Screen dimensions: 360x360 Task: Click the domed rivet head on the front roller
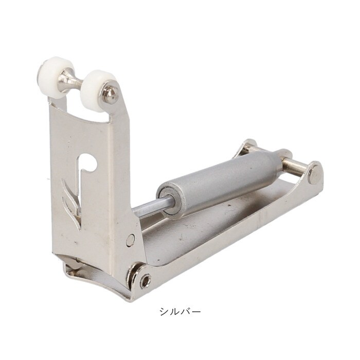click(110, 94)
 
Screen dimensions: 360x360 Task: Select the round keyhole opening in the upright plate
click(88, 163)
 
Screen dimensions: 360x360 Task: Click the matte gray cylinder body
click(219, 182)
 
